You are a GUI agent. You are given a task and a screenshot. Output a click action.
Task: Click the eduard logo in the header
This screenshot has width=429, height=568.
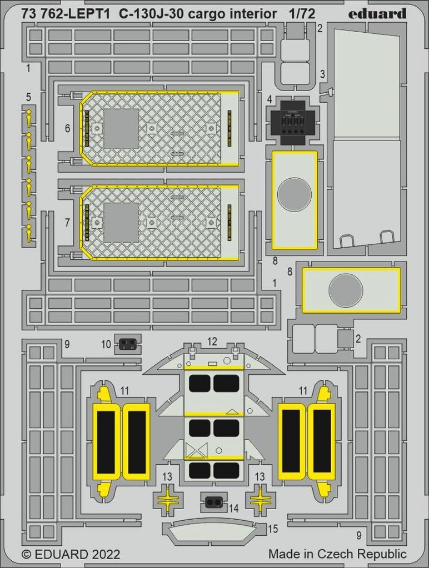(x=377, y=14)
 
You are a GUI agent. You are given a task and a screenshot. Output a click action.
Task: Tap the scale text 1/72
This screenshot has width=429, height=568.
(x=302, y=14)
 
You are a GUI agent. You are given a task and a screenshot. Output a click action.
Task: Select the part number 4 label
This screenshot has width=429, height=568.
(x=269, y=99)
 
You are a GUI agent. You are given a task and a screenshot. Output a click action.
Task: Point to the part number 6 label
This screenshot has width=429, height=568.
(x=67, y=128)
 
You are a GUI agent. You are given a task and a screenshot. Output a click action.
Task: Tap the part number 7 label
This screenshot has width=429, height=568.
(x=67, y=222)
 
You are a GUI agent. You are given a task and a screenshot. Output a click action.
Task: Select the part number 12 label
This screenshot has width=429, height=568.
(x=212, y=341)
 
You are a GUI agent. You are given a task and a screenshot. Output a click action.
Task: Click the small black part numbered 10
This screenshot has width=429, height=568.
(x=127, y=343)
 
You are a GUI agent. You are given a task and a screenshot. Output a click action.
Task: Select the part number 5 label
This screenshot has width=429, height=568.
(x=29, y=98)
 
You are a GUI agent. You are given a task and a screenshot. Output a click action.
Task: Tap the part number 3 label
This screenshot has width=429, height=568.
(x=322, y=74)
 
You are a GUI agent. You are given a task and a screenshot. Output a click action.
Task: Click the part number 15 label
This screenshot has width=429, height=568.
(x=273, y=529)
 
